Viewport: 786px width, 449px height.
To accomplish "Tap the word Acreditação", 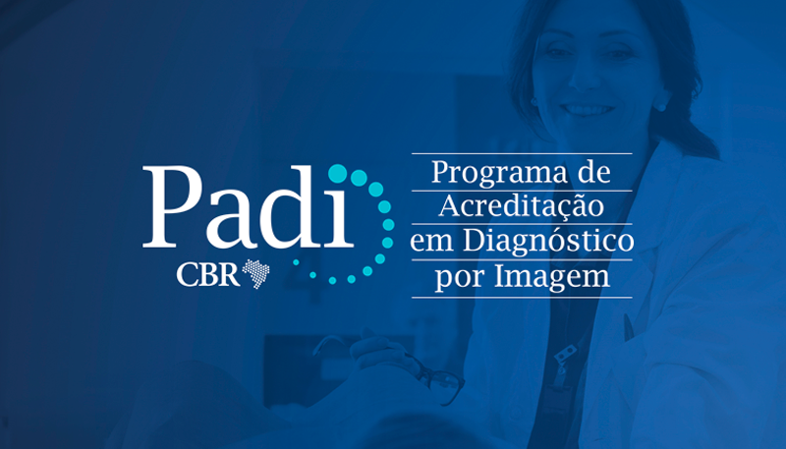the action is [x=522, y=206].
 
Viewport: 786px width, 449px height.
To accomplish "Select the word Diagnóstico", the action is [x=548, y=241].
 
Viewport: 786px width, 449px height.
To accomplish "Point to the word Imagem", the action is [x=552, y=276].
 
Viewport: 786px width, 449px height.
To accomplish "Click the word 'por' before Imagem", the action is [x=460, y=278].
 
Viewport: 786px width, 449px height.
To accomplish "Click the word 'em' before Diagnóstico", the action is [x=432, y=243].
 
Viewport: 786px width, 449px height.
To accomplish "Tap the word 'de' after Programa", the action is [x=594, y=172].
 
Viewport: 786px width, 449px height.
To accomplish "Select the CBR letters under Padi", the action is [x=207, y=275].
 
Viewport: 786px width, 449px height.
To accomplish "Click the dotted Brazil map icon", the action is [x=256, y=273].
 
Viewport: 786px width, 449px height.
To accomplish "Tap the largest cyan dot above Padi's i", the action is [x=337, y=173].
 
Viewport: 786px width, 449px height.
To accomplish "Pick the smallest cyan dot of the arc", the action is [x=296, y=262].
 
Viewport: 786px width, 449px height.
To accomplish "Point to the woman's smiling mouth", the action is [x=588, y=108].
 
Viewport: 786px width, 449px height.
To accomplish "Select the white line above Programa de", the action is [x=522, y=154].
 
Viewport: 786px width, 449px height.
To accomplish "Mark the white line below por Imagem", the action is [x=522, y=297].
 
